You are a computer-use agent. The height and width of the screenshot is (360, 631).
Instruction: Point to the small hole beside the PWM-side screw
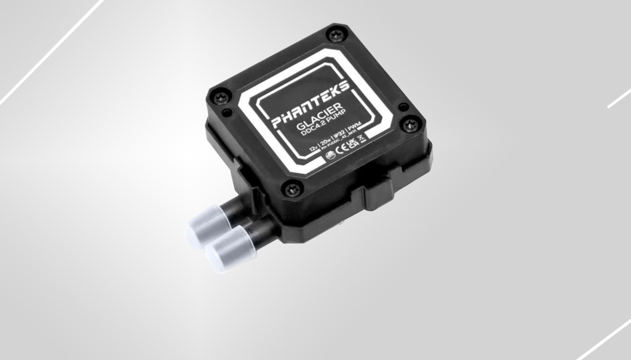tap(402, 107)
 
